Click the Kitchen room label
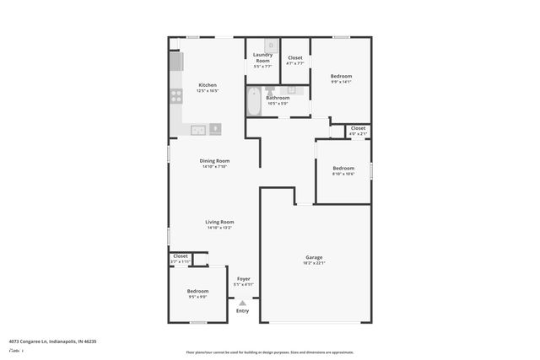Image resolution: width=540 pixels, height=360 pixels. [208, 85]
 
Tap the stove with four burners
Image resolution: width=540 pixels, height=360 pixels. [176, 96]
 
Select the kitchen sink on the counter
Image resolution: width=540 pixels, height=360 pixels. [197, 130]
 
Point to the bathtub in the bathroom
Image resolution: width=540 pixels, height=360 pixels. [254, 103]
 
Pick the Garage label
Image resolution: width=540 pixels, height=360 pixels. [314, 257]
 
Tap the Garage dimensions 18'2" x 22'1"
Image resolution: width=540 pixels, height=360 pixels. [314, 263]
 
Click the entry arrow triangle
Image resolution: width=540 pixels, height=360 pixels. [243, 303]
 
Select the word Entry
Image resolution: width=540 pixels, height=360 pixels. [243, 311]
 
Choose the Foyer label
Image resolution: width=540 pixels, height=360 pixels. [243, 278]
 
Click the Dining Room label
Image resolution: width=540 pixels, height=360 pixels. [214, 160]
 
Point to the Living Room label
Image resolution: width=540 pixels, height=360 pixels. [219, 222]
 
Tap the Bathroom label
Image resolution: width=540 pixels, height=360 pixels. [278, 98]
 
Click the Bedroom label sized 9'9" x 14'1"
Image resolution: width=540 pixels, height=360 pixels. [341, 76]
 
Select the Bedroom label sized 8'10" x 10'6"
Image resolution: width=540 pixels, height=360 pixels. [343, 168]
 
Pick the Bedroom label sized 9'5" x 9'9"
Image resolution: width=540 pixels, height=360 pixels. [197, 291]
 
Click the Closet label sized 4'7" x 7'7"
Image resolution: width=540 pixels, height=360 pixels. [295, 57]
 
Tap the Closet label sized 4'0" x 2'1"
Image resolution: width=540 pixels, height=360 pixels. [359, 128]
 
